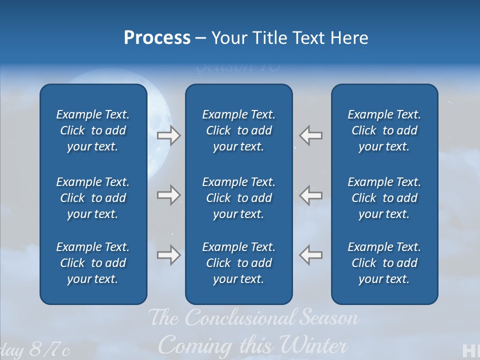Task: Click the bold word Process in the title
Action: click(157, 38)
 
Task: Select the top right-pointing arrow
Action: click(168, 135)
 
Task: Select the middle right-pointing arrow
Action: click(168, 194)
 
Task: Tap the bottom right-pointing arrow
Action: click(168, 255)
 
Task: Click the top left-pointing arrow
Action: click(311, 135)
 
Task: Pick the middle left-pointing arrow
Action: click(311, 194)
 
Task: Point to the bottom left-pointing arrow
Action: click(311, 255)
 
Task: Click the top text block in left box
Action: click(93, 130)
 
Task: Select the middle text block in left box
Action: click(93, 198)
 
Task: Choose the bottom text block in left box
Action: click(93, 263)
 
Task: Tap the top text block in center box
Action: click(239, 130)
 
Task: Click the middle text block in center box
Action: click(239, 198)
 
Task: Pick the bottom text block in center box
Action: click(239, 263)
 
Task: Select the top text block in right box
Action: click(384, 130)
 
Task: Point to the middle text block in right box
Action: click(384, 198)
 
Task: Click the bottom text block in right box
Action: click(384, 263)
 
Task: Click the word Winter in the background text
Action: click(313, 345)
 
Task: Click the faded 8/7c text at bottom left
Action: click(49, 350)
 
